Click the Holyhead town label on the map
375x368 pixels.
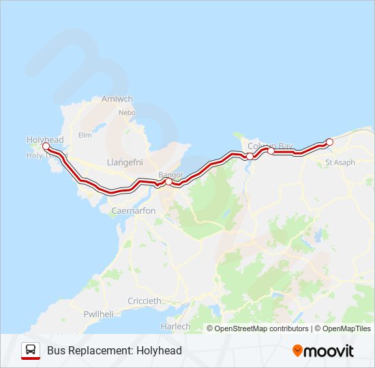tap(45, 139)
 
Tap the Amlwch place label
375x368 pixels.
tap(117, 99)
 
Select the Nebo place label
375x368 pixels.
tap(127, 112)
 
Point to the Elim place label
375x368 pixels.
tap(85, 135)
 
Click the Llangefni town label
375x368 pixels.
tap(123, 162)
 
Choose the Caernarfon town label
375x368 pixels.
tap(133, 211)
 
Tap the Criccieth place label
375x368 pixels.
tap(145, 301)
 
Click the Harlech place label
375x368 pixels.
tap(175, 326)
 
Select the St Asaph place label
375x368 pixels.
tap(339, 162)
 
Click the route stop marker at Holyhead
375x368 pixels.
tap(46, 147)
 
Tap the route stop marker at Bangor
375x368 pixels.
tap(168, 182)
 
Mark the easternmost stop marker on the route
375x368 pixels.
tap(329, 142)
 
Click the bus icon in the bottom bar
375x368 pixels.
tap(31, 350)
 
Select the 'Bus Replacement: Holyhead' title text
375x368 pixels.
tap(115, 351)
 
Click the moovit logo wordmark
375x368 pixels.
tap(329, 351)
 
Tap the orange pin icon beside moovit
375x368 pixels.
tap(297, 350)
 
